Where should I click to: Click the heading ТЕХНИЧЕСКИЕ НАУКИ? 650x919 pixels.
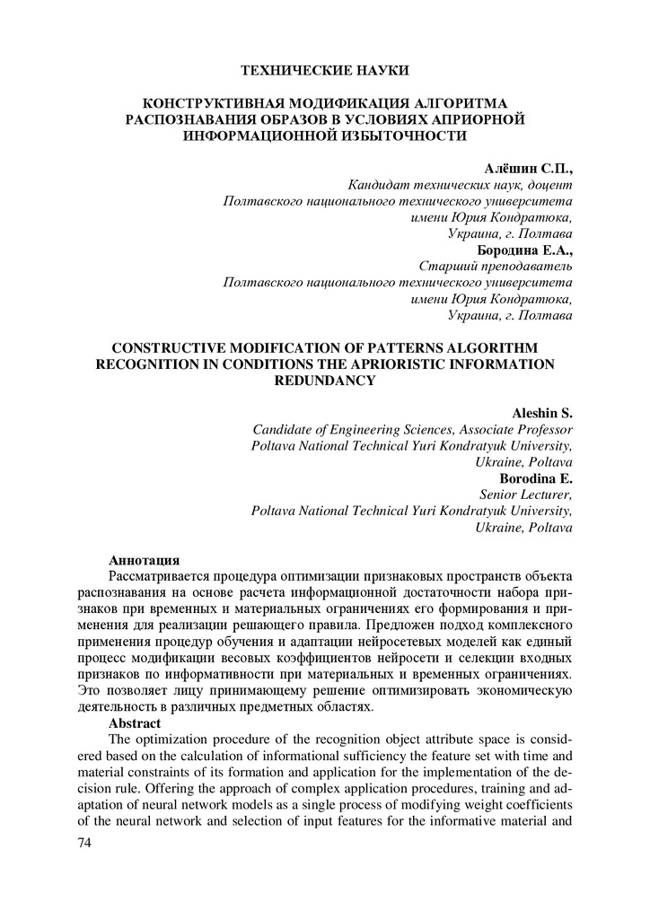(325, 70)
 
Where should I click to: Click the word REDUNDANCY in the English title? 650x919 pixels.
(324, 381)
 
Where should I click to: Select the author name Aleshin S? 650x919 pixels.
(542, 413)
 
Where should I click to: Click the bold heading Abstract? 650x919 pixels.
(135, 722)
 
